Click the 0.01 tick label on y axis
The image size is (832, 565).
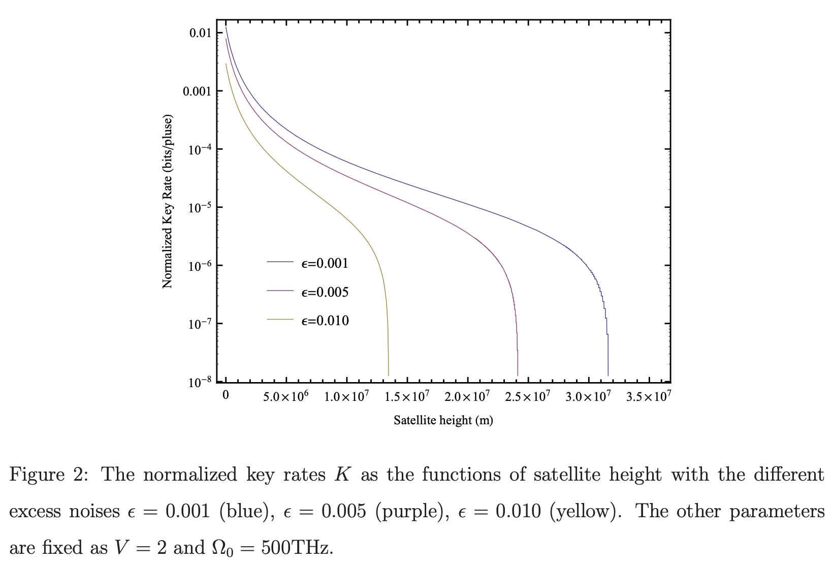[x=200, y=34]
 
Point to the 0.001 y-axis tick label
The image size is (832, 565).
[x=197, y=91]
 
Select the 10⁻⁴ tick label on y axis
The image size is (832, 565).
[x=198, y=150]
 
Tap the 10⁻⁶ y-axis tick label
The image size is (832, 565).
[x=198, y=266]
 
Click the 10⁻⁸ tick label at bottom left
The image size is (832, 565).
[x=198, y=382]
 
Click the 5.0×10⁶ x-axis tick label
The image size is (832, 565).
[x=285, y=396]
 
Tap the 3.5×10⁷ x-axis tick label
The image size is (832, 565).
[x=649, y=396]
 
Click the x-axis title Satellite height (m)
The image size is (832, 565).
[x=443, y=420]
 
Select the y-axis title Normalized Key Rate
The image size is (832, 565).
[x=168, y=202]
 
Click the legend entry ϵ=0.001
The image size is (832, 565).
[x=325, y=263]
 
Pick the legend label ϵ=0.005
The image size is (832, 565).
[x=325, y=292]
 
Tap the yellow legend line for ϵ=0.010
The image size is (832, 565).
[x=280, y=320]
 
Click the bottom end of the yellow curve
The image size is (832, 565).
[x=389, y=374]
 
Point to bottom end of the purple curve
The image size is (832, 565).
[x=518, y=374]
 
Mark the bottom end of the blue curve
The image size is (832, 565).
[x=608, y=374]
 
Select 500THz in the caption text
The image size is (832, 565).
[x=297, y=548]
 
